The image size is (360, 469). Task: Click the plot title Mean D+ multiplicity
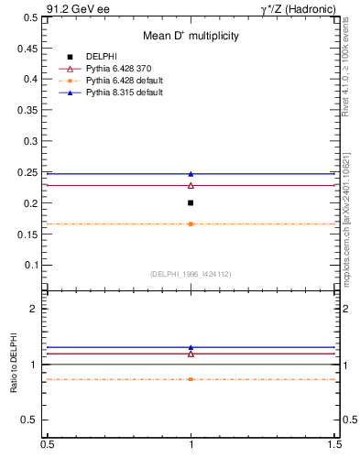191,36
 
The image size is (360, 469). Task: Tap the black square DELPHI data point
191,202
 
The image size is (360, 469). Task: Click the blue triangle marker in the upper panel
191,173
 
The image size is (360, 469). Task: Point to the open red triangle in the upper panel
191,185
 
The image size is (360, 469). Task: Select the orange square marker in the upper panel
191,224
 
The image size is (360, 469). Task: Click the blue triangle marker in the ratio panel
191,347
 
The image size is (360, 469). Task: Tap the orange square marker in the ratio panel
191,378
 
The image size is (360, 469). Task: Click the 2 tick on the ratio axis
35,309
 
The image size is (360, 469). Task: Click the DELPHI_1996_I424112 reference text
190,274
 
